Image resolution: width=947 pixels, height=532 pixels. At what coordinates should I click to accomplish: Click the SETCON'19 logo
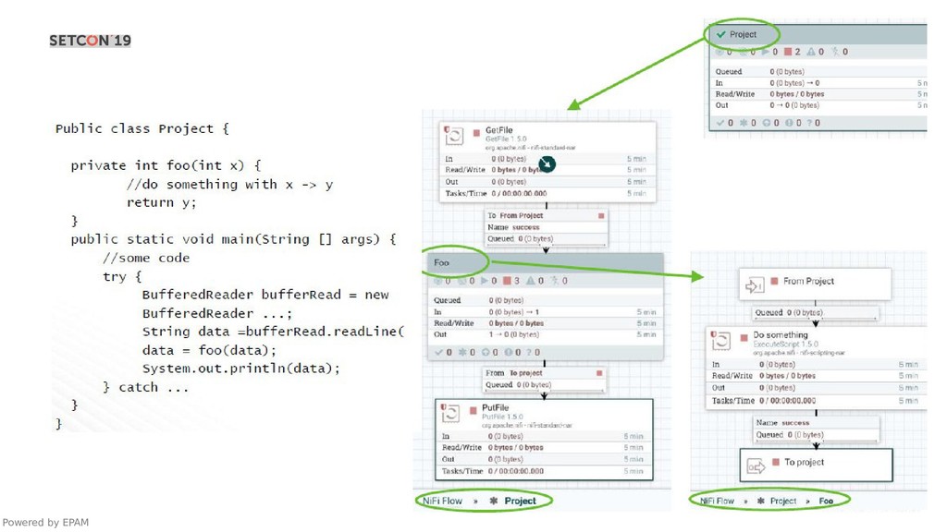coord(90,41)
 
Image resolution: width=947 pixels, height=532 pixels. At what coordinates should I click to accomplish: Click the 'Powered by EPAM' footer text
coord(45,523)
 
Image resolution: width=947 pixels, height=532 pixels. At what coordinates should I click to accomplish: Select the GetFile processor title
coord(498,131)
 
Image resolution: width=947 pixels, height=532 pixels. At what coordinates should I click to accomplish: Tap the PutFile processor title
coord(496,408)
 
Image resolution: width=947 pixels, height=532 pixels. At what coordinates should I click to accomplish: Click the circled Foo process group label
coord(442,262)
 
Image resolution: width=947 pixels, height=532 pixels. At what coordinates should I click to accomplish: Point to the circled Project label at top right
coord(743,34)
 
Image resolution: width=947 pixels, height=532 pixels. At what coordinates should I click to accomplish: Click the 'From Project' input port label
coord(808,281)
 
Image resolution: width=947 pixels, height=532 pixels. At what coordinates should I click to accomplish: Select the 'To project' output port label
coord(804,462)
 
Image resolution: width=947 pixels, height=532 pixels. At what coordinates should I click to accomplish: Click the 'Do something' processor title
coord(780,335)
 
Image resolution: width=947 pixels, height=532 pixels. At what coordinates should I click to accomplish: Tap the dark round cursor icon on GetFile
coord(547,164)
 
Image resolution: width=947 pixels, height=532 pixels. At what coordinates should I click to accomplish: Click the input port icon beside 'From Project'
coord(754,286)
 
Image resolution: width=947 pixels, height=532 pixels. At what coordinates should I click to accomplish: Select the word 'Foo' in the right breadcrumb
coord(826,501)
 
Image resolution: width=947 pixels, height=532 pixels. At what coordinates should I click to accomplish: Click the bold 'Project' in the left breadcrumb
coord(520,501)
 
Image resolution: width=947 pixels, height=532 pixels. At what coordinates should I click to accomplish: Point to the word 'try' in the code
coord(115,276)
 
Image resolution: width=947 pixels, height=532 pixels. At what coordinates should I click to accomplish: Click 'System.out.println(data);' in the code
coord(240,369)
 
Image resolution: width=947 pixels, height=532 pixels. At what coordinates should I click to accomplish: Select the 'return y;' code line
coord(162,202)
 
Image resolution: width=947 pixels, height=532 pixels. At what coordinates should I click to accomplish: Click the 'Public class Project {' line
coord(141,128)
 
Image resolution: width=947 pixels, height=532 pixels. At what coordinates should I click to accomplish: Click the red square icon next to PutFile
coord(473,409)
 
